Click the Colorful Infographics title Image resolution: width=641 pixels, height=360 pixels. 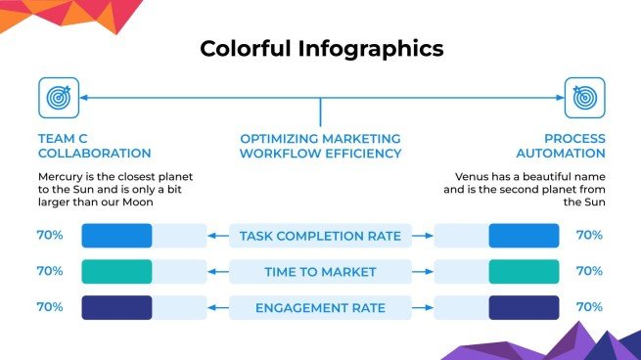pyautogui.click(x=321, y=48)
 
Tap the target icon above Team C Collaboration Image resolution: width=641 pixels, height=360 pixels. pyautogui.click(x=58, y=98)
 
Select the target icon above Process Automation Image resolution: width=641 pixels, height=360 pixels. pyautogui.click(x=584, y=98)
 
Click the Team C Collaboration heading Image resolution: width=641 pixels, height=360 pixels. pyautogui.click(x=94, y=146)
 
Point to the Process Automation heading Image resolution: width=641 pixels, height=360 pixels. pyautogui.click(x=574, y=146)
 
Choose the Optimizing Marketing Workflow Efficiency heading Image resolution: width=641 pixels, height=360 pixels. pyautogui.click(x=321, y=146)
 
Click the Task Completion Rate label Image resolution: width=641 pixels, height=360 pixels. pyautogui.click(x=320, y=236)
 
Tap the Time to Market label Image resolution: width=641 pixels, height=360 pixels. pyautogui.click(x=320, y=272)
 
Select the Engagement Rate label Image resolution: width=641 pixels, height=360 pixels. pyautogui.click(x=320, y=308)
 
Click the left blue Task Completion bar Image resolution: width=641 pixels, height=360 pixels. pyautogui.click(x=116, y=236)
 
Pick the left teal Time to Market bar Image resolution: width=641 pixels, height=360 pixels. pyautogui.click(x=116, y=272)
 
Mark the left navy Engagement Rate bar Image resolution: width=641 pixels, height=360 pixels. pyautogui.click(x=116, y=308)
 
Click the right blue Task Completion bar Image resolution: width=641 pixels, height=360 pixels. pyautogui.click(x=524, y=236)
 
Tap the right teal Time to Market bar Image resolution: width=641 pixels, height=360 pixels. pyautogui.click(x=524, y=272)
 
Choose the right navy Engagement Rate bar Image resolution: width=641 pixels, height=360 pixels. pyautogui.click(x=524, y=308)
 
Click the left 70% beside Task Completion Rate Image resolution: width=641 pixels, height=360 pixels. pyautogui.click(x=50, y=236)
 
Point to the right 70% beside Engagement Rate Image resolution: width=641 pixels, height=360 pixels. pyautogui.click(x=590, y=308)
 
